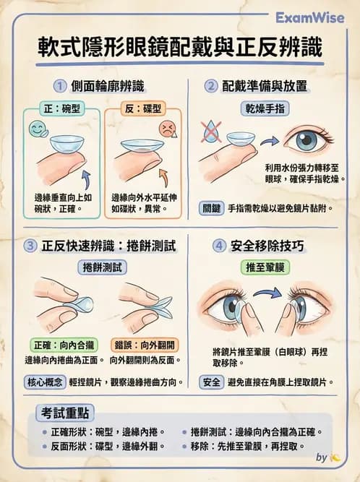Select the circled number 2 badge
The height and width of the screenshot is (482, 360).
[211, 87]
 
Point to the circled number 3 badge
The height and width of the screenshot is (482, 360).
[30, 246]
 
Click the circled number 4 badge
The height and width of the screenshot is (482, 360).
[219, 246]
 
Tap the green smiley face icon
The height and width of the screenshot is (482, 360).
[36, 131]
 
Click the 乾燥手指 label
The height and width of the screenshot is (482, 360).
[262, 108]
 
